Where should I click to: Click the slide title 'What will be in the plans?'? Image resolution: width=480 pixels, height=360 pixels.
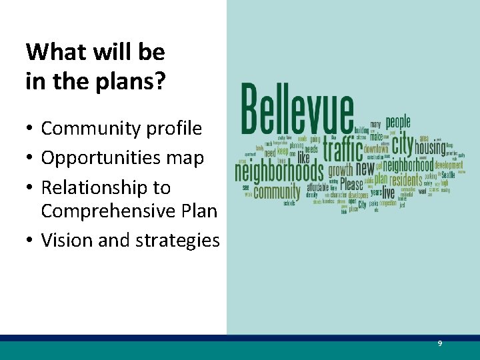pyautogui.click(x=95, y=66)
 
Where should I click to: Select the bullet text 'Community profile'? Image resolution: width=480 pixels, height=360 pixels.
pyautogui.click(x=121, y=128)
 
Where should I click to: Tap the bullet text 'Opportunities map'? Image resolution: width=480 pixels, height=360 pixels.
pyautogui.click(x=122, y=157)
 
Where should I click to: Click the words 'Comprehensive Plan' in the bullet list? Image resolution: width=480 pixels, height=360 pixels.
pyautogui.click(x=129, y=211)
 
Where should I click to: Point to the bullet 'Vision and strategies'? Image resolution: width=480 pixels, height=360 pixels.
pyautogui.click(x=130, y=240)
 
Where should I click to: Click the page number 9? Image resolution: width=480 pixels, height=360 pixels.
pyautogui.click(x=439, y=343)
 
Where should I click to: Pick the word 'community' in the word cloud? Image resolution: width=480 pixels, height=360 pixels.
pyautogui.click(x=277, y=193)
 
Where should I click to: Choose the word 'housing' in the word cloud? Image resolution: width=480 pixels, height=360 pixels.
pyautogui.click(x=430, y=147)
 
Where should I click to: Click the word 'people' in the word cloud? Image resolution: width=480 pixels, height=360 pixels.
pyautogui.click(x=398, y=122)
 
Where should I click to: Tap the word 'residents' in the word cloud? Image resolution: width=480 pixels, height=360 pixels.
pyautogui.click(x=405, y=180)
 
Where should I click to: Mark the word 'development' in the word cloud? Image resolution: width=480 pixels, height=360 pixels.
pyautogui.click(x=448, y=165)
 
